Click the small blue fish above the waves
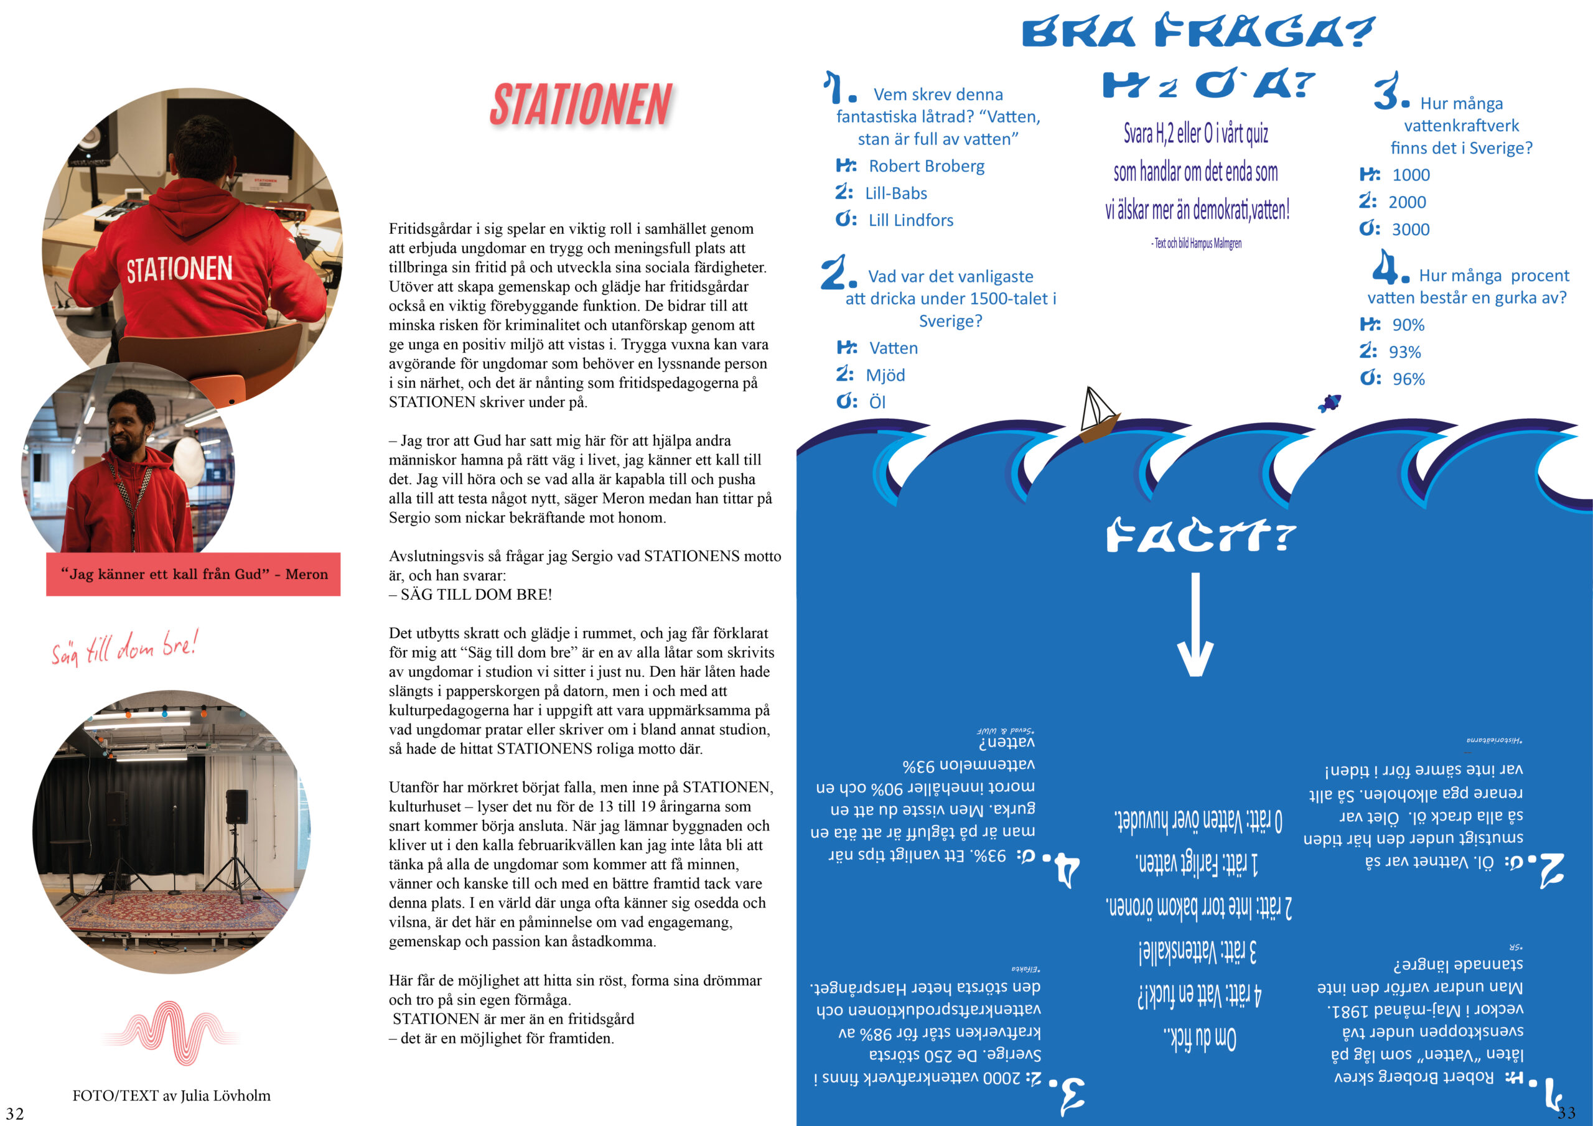coord(1330,402)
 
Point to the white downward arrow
coord(1195,625)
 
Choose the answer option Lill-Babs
coord(895,193)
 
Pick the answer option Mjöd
coord(885,375)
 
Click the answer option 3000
coord(1410,230)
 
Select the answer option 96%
coord(1408,379)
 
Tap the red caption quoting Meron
coord(194,574)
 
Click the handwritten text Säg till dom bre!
coord(125,647)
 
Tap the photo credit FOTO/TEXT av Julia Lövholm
coord(171,1096)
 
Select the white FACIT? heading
coord(1200,536)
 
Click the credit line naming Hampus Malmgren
coord(1196,243)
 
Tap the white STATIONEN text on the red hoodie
coord(179,269)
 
